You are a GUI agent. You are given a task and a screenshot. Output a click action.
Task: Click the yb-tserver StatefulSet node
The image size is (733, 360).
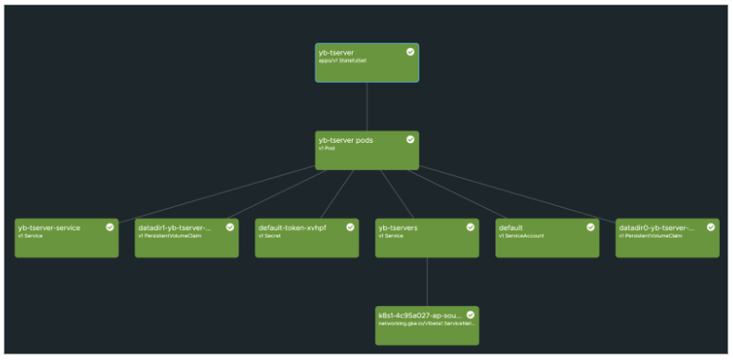tap(366, 63)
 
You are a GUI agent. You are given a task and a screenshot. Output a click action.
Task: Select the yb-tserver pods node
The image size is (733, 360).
tap(366, 150)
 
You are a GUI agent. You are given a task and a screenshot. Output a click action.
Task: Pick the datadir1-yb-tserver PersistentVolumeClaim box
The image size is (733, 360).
tap(186, 238)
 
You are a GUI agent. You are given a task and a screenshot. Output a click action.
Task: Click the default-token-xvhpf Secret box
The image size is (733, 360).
tap(306, 238)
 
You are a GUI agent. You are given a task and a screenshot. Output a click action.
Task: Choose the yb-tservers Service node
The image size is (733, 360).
tap(427, 238)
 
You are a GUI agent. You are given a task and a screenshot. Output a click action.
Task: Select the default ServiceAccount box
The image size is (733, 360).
tap(547, 238)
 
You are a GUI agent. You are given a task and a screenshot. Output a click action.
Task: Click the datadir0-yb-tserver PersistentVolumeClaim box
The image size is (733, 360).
tap(667, 238)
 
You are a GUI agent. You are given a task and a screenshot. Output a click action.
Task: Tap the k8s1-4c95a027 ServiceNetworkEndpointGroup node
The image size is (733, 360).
tap(427, 326)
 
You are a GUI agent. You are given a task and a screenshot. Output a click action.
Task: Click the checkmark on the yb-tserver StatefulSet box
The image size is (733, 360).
tap(410, 52)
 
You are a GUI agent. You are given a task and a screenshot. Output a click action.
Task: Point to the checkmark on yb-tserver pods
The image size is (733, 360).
tap(410, 139)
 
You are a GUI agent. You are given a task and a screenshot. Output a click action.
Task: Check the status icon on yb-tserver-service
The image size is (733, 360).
tap(109, 226)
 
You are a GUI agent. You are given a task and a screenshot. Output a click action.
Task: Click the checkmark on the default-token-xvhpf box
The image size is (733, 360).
tap(350, 226)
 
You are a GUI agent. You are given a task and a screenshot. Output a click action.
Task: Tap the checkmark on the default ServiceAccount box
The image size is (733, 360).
tap(590, 226)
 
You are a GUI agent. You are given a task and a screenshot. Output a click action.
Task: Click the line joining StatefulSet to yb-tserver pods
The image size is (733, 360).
tap(366, 106)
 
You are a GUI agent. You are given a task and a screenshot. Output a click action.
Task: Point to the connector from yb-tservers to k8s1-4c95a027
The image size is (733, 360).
tap(427, 281)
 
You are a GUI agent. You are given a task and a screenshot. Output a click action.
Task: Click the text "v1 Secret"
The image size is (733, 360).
tap(269, 236)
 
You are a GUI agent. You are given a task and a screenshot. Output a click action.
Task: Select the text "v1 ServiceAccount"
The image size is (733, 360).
tap(520, 236)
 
